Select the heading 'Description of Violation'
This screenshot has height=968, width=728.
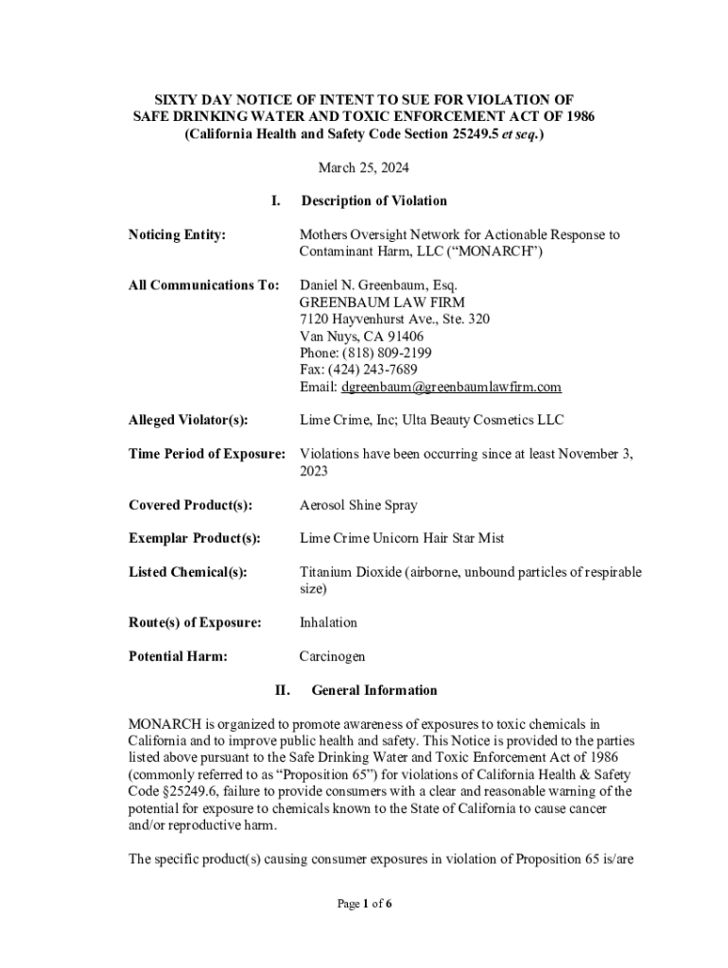pyautogui.click(x=373, y=200)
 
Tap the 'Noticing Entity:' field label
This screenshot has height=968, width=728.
pyautogui.click(x=177, y=234)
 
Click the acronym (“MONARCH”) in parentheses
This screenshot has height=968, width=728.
pyautogui.click(x=497, y=251)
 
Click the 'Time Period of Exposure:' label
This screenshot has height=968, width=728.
pyautogui.click(x=206, y=454)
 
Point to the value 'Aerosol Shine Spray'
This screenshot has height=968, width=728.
pyautogui.click(x=358, y=505)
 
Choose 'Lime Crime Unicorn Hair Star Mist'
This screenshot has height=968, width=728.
pyautogui.click(x=402, y=538)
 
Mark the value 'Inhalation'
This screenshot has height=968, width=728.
pyautogui.click(x=328, y=622)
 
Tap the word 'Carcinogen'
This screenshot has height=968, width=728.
pyautogui.click(x=332, y=656)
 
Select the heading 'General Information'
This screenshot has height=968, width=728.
pyautogui.click(x=373, y=690)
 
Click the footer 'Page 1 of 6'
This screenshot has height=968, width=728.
pyautogui.click(x=364, y=904)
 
